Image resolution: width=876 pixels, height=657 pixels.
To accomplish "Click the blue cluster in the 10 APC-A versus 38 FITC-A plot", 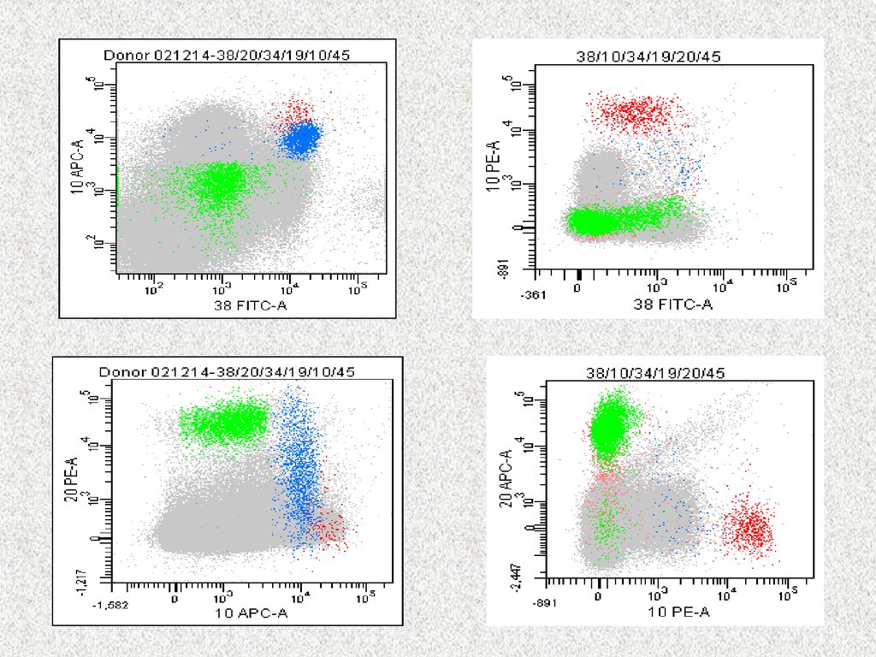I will [301, 138].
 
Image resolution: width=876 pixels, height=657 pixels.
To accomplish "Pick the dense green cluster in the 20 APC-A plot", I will [607, 425].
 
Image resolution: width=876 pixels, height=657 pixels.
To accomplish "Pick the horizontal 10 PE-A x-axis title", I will [679, 612].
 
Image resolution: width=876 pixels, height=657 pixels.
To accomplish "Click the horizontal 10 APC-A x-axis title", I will [251, 613].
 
